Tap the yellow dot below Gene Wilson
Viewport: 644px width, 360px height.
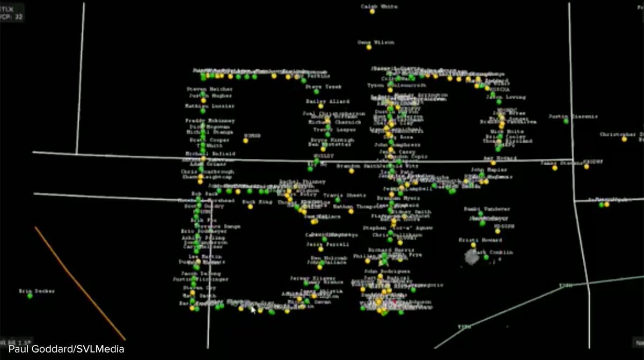pos(369,48)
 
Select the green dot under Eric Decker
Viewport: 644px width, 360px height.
pos(30,296)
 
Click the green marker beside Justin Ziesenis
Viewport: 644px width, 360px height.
pos(566,121)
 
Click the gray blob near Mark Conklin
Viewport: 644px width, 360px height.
pos(472,257)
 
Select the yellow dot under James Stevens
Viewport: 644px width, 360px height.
pos(554,168)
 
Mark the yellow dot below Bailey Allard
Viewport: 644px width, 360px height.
pos(320,106)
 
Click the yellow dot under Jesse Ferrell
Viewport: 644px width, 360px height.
pos(320,249)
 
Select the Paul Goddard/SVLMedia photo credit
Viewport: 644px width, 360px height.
pos(67,349)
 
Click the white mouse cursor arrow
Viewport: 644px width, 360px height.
pos(253,309)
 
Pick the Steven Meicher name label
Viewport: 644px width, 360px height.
pos(209,89)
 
